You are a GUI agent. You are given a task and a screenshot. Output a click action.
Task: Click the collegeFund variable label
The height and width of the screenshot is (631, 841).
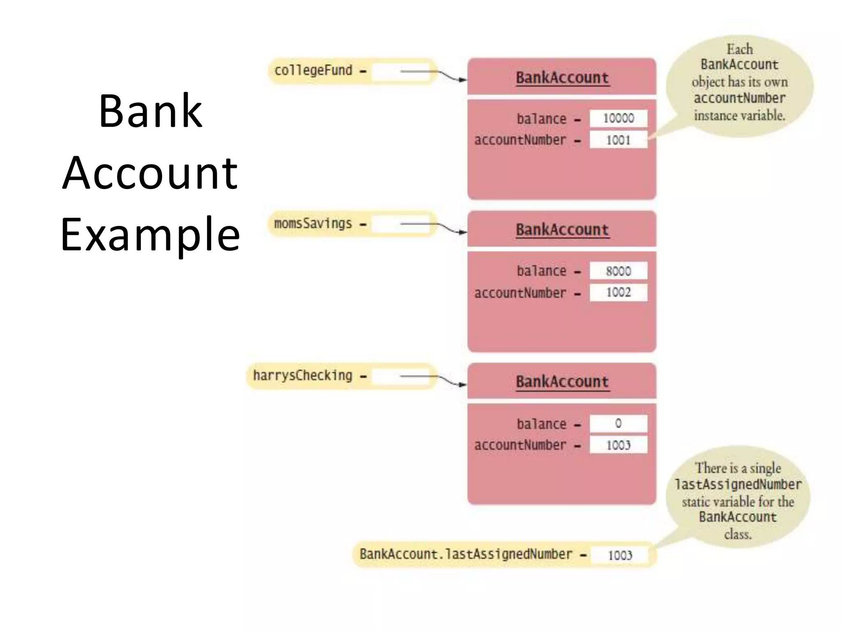[313, 71]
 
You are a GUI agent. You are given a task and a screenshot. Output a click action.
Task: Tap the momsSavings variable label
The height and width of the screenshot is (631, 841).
[313, 224]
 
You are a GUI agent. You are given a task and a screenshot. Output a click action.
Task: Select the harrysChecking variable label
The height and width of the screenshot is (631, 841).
[303, 375]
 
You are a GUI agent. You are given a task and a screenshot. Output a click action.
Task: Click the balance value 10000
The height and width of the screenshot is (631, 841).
[618, 118]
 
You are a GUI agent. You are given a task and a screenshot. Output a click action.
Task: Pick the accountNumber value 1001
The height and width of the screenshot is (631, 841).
[618, 140]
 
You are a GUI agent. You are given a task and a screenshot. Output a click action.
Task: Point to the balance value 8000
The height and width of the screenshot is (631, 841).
[618, 271]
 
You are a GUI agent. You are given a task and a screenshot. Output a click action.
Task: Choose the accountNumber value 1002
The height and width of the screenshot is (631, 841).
[618, 292]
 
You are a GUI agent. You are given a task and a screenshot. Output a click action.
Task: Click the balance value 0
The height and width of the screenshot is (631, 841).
[618, 424]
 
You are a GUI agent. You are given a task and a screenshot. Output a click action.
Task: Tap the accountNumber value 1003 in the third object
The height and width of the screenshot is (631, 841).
[618, 445]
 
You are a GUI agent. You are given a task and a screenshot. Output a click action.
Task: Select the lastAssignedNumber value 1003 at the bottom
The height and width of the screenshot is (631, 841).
[620, 555]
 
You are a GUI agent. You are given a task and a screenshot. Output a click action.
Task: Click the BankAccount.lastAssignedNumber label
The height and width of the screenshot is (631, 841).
[466, 554]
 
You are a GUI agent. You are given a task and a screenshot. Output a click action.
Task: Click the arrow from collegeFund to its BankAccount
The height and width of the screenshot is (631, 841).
[435, 73]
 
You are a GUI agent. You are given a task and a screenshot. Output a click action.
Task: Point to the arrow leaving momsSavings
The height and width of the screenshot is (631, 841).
[435, 226]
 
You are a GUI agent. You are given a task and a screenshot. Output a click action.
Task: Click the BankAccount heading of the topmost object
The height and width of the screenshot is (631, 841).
[562, 78]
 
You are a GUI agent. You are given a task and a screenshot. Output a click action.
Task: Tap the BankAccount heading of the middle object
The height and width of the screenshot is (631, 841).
[562, 230]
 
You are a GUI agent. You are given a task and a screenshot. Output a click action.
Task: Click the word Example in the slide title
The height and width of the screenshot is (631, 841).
[150, 234]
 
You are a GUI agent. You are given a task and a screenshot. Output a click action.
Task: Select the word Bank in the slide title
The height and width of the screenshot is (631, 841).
[150, 111]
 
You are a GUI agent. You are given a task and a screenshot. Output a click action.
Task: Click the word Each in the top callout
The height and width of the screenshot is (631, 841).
[740, 49]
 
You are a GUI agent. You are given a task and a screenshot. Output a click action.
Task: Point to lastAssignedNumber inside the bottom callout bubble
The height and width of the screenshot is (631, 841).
[738, 484]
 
